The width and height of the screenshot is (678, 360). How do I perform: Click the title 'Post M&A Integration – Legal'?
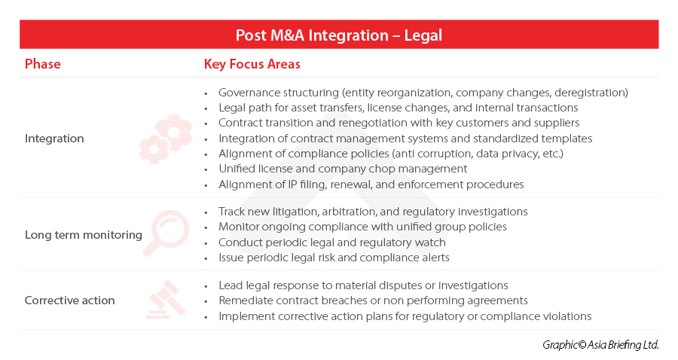tap(338, 35)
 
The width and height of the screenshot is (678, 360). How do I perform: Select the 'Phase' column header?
tap(42, 64)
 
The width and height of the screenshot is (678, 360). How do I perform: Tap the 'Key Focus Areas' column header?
tap(252, 64)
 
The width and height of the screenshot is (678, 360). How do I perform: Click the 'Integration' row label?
tap(54, 139)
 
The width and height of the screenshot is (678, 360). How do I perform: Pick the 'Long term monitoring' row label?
tap(83, 235)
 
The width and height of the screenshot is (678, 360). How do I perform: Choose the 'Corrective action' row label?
tap(69, 301)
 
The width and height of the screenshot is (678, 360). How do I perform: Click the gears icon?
tap(166, 139)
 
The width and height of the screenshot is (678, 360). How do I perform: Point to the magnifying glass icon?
tap(166, 233)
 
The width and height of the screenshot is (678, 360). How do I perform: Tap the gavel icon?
tap(166, 300)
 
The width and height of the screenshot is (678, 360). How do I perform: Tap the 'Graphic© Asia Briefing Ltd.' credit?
tap(600, 344)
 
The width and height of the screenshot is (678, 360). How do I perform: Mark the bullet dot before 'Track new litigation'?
tap(206, 212)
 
